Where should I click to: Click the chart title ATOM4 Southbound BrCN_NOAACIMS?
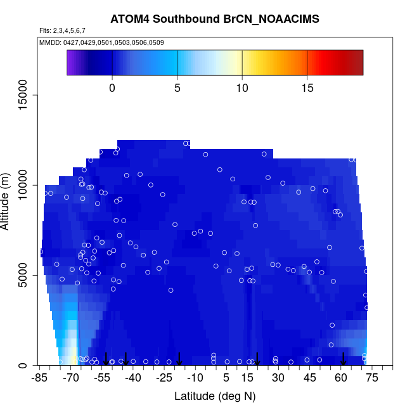[215, 19]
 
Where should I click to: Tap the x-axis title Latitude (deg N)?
[215, 396]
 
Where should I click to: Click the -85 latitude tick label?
[40, 378]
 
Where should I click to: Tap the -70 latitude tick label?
[71, 378]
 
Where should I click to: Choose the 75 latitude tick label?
[372, 378]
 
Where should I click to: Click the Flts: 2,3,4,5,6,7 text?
[62, 30]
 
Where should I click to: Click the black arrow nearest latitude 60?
[344, 359]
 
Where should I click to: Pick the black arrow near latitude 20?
[257, 359]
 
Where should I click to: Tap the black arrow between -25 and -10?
[179, 359]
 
